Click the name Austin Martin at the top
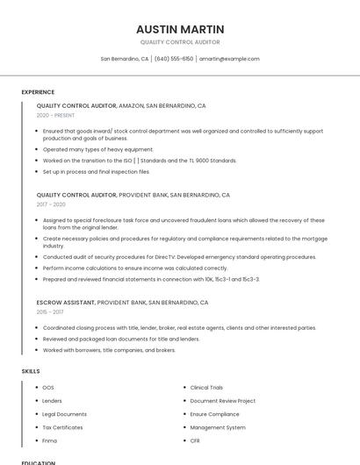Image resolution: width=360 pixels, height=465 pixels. (180, 29)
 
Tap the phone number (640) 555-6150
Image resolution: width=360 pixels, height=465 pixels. (174, 59)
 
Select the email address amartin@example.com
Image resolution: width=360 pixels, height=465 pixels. (229, 59)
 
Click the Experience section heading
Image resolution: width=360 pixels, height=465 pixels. (38, 92)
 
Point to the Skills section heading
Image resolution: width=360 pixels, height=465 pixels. (31, 371)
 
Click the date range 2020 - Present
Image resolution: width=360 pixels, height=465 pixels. (55, 115)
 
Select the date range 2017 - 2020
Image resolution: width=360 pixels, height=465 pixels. (51, 204)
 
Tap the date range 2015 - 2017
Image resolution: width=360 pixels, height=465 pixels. (50, 311)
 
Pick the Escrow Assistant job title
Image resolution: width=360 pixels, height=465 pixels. (66, 302)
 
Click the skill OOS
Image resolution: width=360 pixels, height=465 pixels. (48, 387)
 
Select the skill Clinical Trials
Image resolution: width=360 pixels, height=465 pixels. (206, 387)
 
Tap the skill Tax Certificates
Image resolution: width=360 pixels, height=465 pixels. (62, 427)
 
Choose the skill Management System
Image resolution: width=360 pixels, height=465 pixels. (218, 427)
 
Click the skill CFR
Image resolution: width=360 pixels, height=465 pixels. (195, 440)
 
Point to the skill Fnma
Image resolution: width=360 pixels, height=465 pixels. (50, 440)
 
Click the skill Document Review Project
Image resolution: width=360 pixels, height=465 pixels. (222, 401)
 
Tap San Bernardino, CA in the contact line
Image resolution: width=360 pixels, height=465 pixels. (125, 59)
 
